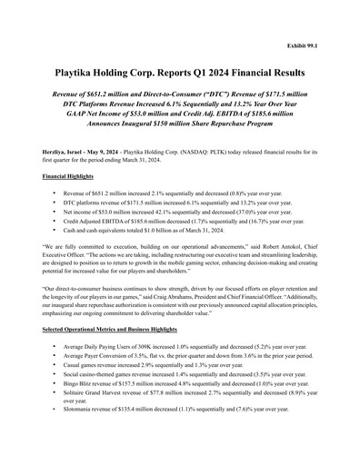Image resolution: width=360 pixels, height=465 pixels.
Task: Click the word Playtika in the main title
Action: point(79,72)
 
